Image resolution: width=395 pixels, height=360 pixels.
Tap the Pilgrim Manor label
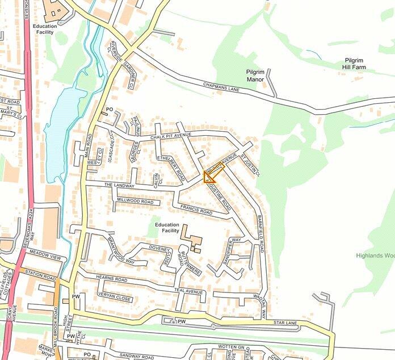point(255,76)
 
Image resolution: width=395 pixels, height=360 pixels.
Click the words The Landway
point(119,186)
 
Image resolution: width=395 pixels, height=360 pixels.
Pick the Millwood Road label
point(135,202)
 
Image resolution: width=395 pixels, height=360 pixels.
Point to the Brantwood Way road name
point(121,250)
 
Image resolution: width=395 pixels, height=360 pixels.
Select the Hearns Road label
point(111,279)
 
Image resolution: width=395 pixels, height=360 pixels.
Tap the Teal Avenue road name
point(189,292)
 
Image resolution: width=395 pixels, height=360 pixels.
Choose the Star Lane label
point(285,323)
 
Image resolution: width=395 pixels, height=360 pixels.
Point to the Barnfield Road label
point(262,233)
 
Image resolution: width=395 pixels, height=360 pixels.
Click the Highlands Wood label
point(375,256)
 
